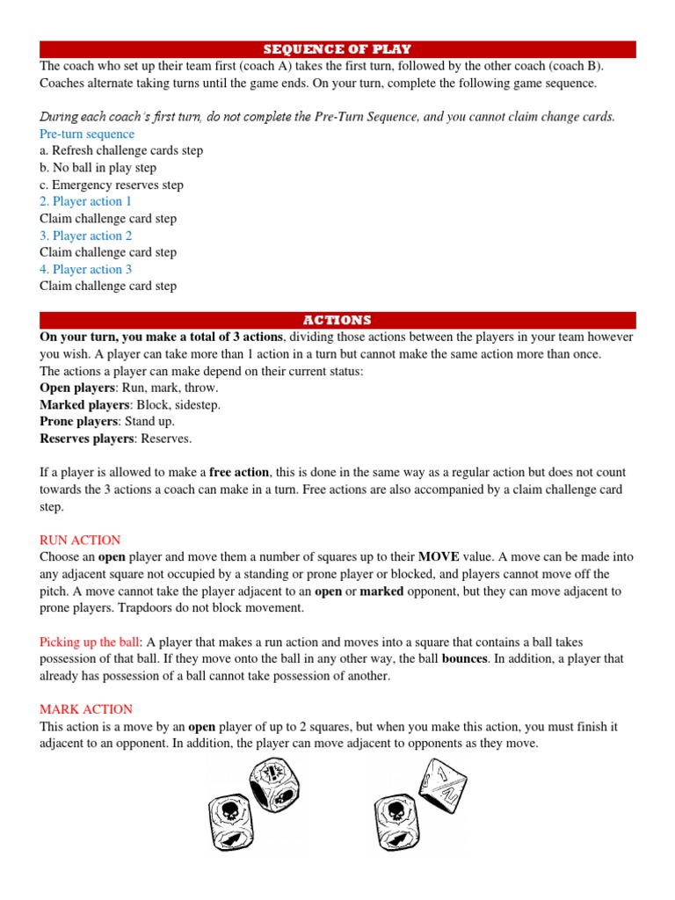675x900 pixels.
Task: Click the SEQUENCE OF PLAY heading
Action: (337, 49)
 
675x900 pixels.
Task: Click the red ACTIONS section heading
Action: (337, 320)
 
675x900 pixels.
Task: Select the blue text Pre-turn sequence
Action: (87, 134)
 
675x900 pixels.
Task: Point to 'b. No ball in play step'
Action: (98, 167)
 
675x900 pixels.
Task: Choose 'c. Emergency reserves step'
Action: (112, 185)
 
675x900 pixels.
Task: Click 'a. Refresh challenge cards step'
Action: (121, 150)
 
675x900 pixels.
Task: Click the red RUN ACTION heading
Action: (80, 540)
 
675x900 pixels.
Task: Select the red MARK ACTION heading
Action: (86, 708)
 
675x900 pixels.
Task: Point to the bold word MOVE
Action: (439, 557)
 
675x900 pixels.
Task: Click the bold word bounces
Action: (465, 658)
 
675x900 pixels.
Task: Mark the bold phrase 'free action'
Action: (239, 472)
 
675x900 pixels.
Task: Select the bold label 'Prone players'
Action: (76, 421)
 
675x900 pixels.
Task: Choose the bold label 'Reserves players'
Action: (83, 438)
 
